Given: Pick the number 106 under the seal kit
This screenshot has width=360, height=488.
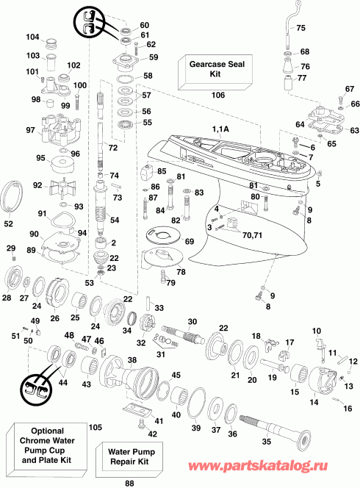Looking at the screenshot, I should [x=218, y=96].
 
